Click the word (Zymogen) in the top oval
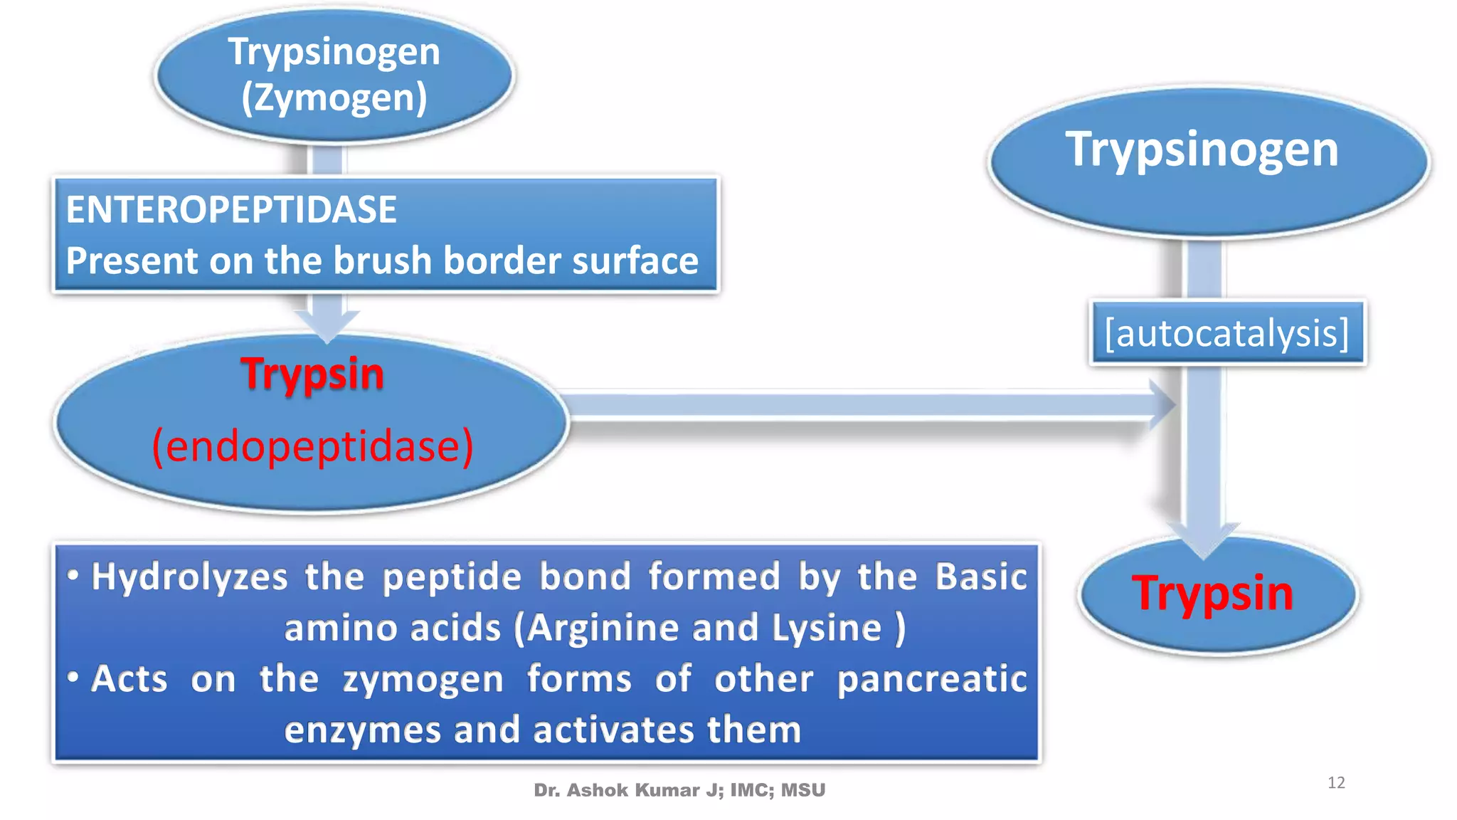pos(334,98)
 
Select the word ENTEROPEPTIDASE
pos(231,210)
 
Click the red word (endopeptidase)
pos(313,446)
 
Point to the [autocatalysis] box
pos(1227,333)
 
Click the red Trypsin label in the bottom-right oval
pos(1212,593)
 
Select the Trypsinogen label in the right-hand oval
pos(1202,149)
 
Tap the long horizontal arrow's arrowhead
pos(1161,404)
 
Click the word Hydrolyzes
pos(189,577)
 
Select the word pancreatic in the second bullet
pos(932,678)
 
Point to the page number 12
pos(1336,783)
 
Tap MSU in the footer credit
pos(803,790)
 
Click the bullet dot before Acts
pos(73,677)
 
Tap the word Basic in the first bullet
pos(980,577)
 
